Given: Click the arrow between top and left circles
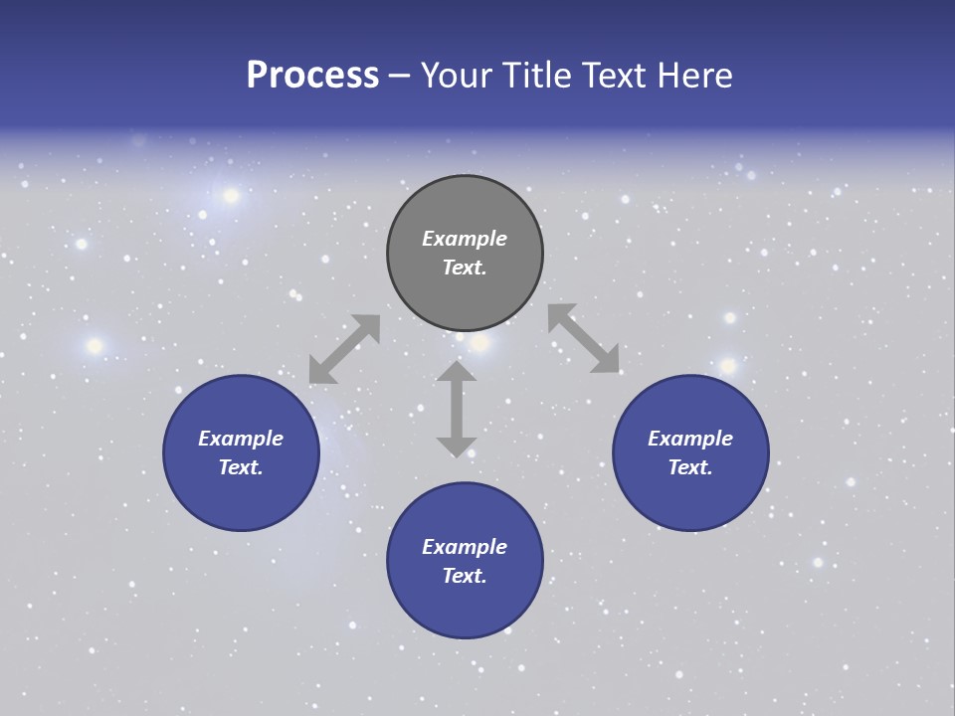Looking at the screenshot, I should coord(344,349).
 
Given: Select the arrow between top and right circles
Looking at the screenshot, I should coord(584,339).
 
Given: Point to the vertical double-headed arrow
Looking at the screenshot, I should coord(457,409).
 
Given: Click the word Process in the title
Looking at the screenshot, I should coord(312,76).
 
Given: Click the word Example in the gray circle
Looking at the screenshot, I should coord(465,239).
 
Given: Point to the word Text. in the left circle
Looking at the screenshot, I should coord(241,467).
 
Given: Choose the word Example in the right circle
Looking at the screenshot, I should coord(690,439).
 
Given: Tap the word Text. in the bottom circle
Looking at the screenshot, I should coord(465,576).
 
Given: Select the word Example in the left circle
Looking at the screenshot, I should coord(241,439).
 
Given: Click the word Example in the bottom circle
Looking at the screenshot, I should coord(465,547).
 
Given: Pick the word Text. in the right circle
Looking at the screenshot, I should coord(690,467).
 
